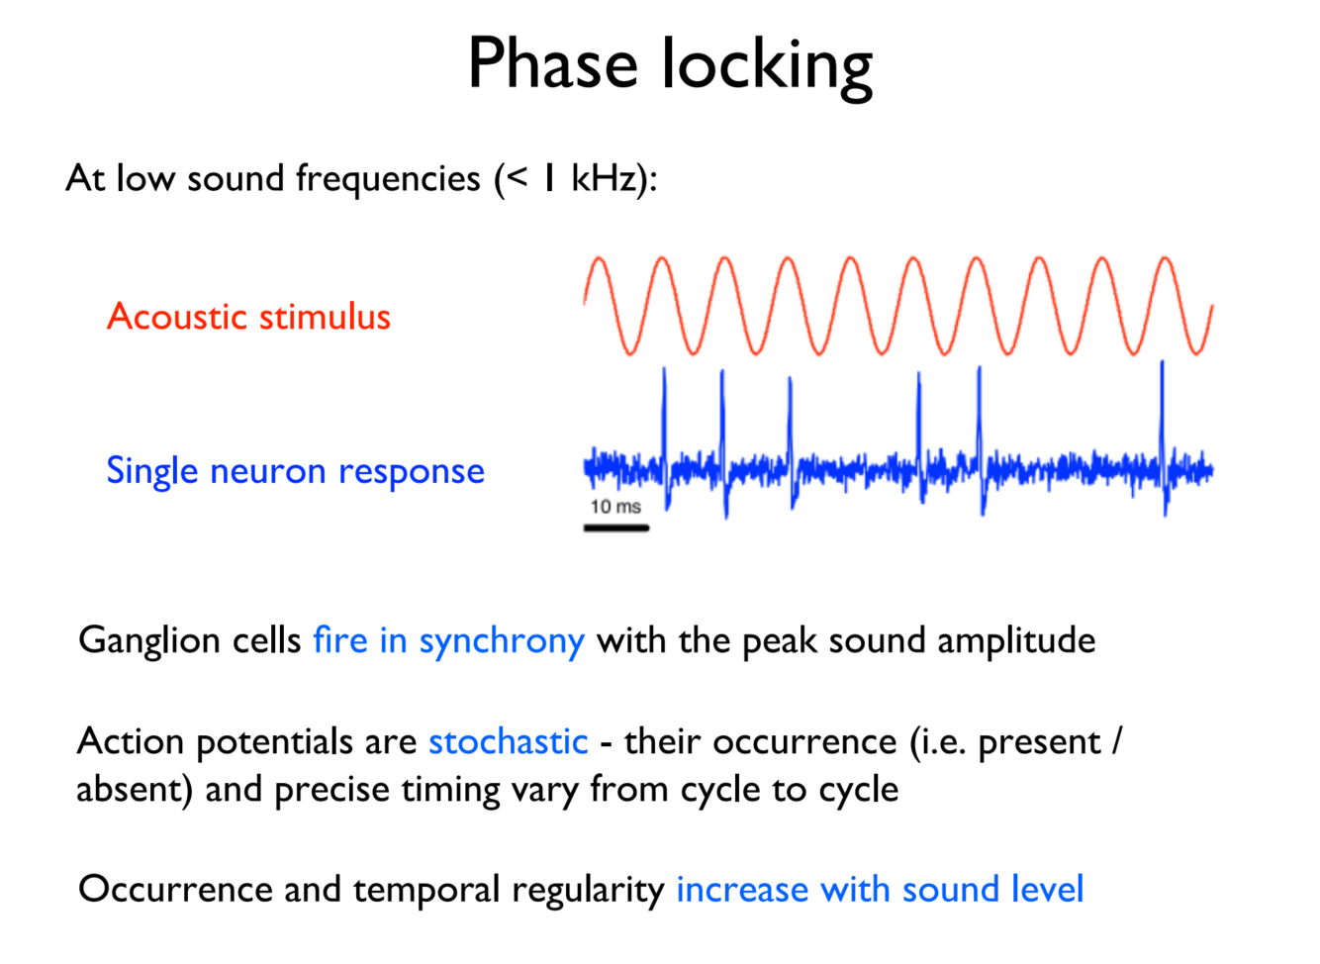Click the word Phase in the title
552,64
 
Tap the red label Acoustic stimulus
248,317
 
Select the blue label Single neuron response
295,471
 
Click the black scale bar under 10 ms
615,529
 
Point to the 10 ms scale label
615,507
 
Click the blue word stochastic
508,741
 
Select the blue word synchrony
502,641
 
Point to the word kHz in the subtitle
608,178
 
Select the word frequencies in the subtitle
388,179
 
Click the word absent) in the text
134,790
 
